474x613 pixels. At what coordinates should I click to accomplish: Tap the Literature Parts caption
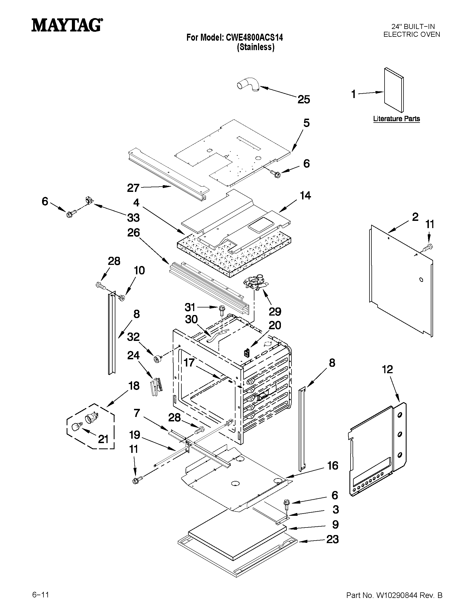(396, 119)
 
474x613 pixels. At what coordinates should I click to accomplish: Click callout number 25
(303, 100)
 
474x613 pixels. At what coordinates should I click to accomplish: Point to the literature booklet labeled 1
(394, 90)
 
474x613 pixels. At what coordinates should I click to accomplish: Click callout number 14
(305, 196)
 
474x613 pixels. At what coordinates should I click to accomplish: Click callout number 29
(275, 311)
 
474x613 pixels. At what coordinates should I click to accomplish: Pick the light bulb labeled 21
(76, 428)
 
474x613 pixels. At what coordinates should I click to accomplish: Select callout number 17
(189, 362)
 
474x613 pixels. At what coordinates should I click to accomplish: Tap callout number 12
(387, 369)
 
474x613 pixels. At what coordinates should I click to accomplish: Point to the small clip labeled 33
(89, 201)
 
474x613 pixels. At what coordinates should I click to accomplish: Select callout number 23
(332, 539)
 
